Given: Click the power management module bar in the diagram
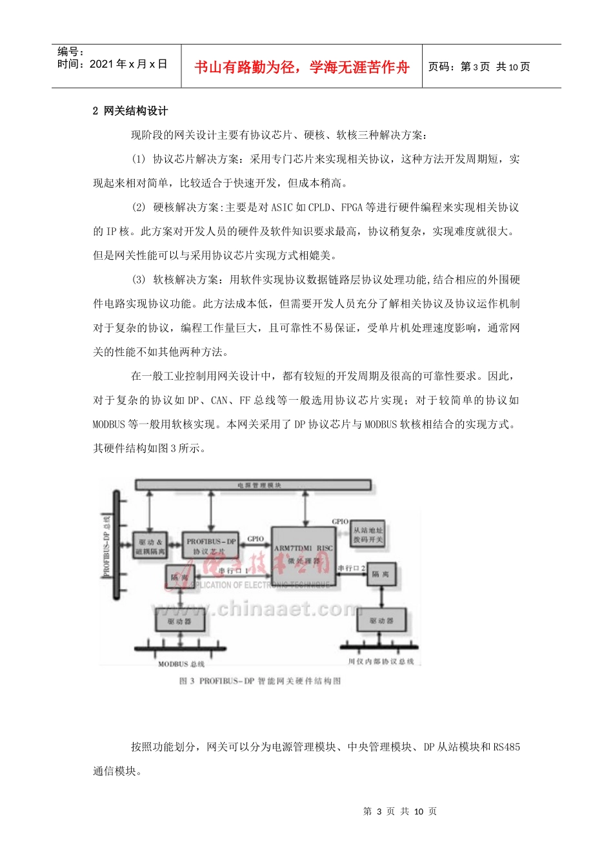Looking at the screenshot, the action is (x=253, y=485).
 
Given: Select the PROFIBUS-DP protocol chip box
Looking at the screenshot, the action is (x=210, y=546).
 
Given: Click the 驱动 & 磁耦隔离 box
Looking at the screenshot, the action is (x=150, y=546).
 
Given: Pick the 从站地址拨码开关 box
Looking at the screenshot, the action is (x=368, y=535).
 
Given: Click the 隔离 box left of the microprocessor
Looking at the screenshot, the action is (x=179, y=577).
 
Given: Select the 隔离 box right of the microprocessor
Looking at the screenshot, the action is (x=381, y=574).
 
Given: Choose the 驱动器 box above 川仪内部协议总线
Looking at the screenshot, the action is (x=381, y=621).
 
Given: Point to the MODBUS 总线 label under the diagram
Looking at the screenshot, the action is (x=181, y=664).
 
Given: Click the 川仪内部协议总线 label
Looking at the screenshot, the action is (x=381, y=661).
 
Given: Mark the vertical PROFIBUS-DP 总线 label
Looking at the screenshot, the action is (x=107, y=546).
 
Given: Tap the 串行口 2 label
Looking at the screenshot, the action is (x=352, y=568).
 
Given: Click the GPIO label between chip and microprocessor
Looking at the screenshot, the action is (x=256, y=539).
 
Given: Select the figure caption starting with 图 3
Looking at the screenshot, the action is (x=260, y=681).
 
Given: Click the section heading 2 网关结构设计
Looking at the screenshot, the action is (x=130, y=111).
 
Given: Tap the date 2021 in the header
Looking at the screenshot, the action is (x=102, y=64).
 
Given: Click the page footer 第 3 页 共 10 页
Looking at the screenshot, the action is (x=400, y=811).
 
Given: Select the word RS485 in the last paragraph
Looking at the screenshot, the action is (x=507, y=747).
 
